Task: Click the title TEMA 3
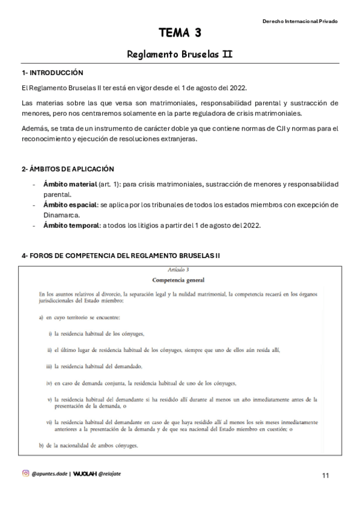pos(180,32)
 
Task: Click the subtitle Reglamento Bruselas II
pos(180,54)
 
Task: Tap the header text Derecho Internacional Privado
pos(300,21)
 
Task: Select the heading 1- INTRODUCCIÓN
pos(52,73)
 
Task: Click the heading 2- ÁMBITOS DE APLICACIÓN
pos(68,169)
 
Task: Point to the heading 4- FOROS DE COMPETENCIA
pos(121,256)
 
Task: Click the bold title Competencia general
pos(178,280)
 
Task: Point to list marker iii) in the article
pos(49,366)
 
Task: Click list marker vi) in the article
pos(49,423)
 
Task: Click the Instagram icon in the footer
pos(25,473)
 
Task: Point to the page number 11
pos(325,476)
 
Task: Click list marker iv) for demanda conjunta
pos(49,382)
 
